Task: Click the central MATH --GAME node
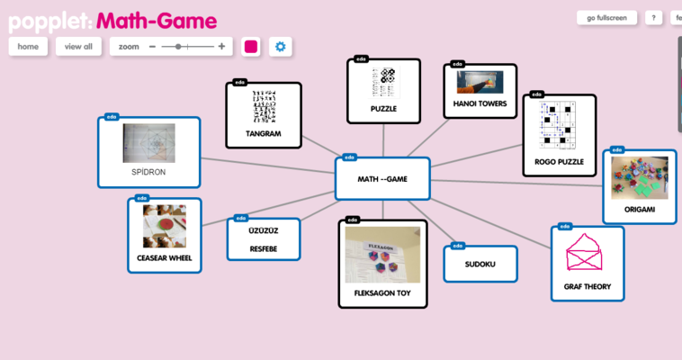click(x=382, y=178)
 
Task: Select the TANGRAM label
click(x=264, y=134)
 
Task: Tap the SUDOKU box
click(x=480, y=265)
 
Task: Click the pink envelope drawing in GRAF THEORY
click(x=587, y=252)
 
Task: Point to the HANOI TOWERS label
click(x=480, y=103)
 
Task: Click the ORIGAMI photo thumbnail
click(x=639, y=177)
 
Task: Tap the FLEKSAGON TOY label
click(x=382, y=293)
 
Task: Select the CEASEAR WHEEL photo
click(x=165, y=227)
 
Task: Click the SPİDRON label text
click(x=149, y=171)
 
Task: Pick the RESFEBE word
click(x=264, y=247)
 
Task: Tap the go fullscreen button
click(x=606, y=17)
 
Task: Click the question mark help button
click(x=653, y=17)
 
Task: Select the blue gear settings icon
click(x=281, y=46)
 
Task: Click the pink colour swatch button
click(x=251, y=46)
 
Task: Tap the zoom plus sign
click(x=221, y=46)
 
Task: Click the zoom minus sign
click(x=152, y=46)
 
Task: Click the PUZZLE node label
click(x=383, y=109)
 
